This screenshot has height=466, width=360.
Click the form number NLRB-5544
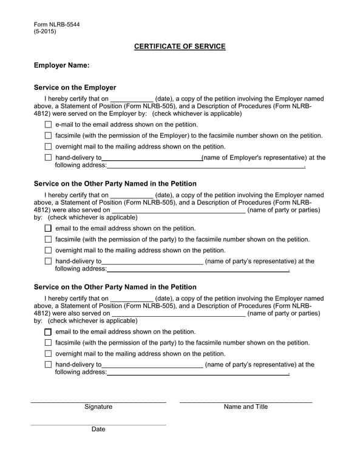tap(56, 25)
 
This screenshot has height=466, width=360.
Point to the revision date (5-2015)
tap(45, 32)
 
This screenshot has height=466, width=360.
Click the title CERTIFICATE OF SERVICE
tap(180, 47)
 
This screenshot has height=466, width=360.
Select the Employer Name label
tap(62, 65)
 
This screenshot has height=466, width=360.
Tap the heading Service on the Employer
tap(75, 87)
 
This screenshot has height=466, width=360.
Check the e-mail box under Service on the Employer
tap(49, 124)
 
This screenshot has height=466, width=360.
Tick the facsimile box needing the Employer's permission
tap(49, 136)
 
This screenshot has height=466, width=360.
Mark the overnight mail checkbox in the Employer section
tap(49, 147)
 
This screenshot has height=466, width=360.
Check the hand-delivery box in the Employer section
tap(49, 158)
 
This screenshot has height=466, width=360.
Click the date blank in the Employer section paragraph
tap(132, 100)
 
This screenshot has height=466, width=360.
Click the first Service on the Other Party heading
tap(115, 183)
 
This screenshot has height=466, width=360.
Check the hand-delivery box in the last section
tap(49, 365)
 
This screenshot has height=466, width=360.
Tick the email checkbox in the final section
tap(49, 332)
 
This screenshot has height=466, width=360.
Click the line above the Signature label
tap(98, 401)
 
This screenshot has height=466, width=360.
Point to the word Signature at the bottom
tap(98, 407)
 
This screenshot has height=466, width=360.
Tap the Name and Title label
tap(245, 407)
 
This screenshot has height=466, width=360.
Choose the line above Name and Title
tap(245, 401)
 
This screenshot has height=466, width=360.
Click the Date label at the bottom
tap(98, 429)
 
